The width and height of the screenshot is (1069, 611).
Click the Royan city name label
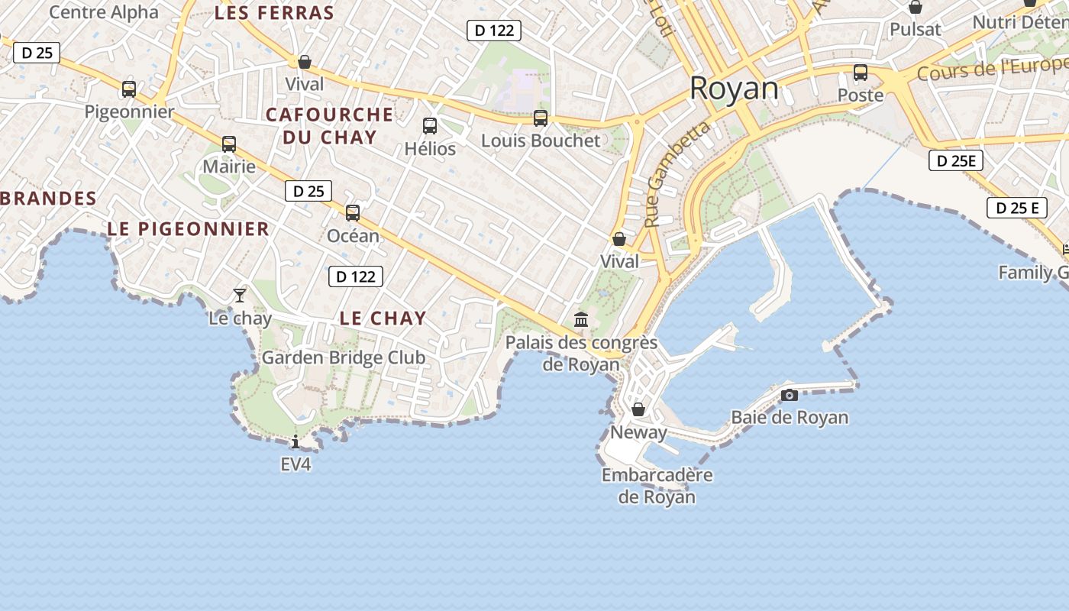(x=734, y=89)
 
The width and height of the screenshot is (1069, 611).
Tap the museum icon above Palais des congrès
(x=581, y=319)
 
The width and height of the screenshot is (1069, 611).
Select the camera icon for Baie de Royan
(x=790, y=395)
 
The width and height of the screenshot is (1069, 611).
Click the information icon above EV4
(x=296, y=441)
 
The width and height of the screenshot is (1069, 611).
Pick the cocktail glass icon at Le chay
(x=240, y=295)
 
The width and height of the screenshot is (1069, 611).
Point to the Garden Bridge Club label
(x=343, y=357)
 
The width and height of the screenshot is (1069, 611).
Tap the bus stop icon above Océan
(x=353, y=213)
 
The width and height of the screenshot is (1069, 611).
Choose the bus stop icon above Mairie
(x=229, y=144)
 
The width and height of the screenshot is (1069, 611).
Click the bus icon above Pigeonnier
(x=129, y=89)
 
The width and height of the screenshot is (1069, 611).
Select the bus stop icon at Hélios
(x=430, y=126)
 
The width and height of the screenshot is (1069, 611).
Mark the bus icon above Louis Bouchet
(x=541, y=118)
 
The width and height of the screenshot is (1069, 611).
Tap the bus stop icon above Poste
(x=861, y=73)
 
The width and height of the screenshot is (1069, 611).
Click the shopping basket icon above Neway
(x=638, y=409)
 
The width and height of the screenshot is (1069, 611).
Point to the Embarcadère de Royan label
(x=657, y=486)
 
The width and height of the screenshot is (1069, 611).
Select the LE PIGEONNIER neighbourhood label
(x=188, y=228)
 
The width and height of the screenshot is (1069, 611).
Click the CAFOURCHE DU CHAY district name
(x=330, y=126)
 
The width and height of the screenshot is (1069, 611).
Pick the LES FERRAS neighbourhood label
(x=274, y=13)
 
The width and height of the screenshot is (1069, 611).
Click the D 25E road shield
(x=955, y=160)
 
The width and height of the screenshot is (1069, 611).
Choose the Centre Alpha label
(x=104, y=12)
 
